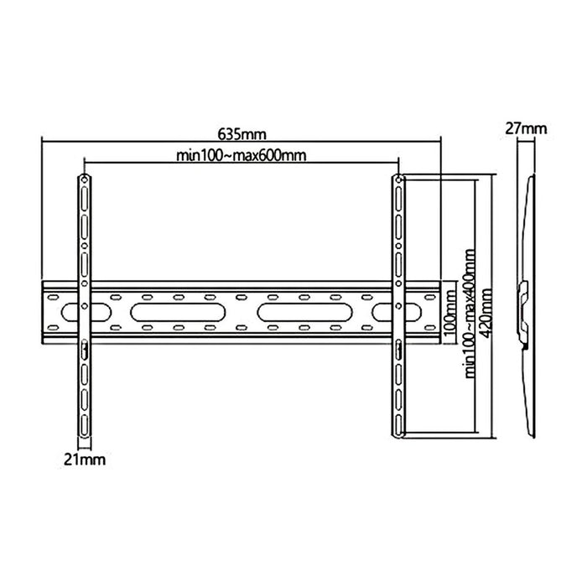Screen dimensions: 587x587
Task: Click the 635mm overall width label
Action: (x=242, y=134)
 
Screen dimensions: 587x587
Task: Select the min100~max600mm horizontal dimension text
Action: (x=242, y=154)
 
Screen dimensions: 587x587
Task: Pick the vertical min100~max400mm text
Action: (x=467, y=309)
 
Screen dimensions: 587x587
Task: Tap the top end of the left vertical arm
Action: (x=85, y=177)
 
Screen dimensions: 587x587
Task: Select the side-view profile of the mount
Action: (x=527, y=302)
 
